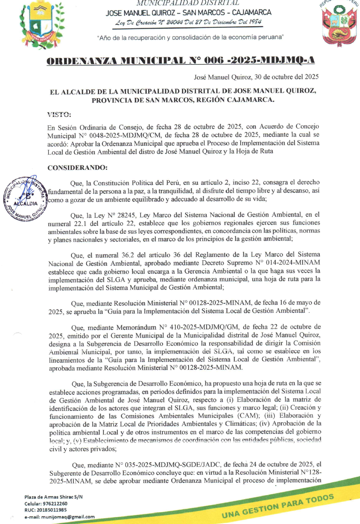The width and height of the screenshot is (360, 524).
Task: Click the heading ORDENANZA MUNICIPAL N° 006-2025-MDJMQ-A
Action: tap(181, 61)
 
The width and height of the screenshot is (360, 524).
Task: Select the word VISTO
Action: tap(59, 114)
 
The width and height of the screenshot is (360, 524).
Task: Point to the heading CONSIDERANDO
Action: tap(77, 168)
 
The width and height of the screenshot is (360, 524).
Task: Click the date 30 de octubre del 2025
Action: tap(287, 77)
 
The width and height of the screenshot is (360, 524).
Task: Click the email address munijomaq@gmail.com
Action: tap(68, 516)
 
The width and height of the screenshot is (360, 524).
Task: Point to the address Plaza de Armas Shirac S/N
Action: tap(54, 497)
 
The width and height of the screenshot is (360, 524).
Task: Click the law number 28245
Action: tap(127, 215)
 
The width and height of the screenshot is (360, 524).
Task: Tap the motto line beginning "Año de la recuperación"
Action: tap(190, 37)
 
